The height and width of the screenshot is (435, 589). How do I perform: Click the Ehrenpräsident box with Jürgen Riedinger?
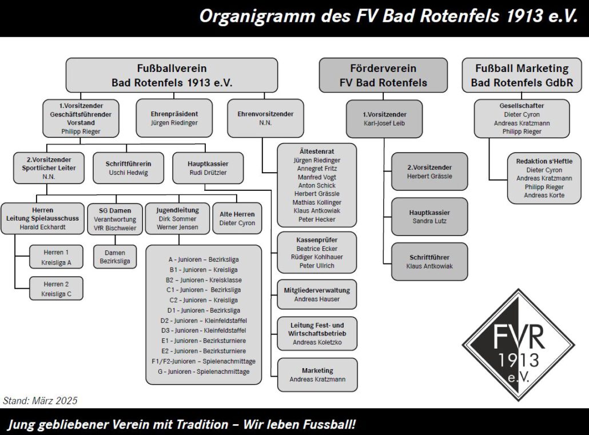tap(174, 118)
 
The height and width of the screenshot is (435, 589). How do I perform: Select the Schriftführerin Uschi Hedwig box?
tap(129, 168)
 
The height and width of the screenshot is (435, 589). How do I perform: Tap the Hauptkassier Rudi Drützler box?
tap(208, 168)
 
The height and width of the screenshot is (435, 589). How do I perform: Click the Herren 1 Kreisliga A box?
tap(57, 257)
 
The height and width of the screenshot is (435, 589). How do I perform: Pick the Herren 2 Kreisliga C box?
tap(57, 289)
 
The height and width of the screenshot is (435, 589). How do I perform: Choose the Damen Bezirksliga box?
tap(115, 257)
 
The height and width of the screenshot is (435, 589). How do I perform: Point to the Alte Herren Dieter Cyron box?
tap(237, 218)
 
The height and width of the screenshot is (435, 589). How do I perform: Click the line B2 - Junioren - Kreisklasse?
tap(204, 280)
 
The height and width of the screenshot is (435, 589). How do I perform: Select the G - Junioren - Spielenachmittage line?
tap(204, 372)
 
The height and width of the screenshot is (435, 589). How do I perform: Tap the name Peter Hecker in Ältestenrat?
tap(317, 220)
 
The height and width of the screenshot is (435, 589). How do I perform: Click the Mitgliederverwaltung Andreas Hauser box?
tap(317, 294)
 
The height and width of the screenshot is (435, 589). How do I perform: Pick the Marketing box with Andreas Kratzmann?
tap(317, 375)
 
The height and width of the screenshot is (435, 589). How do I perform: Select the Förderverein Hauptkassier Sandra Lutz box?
tap(429, 217)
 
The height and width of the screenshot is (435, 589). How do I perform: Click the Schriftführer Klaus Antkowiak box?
tap(429, 262)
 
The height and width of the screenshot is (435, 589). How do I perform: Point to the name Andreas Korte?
tap(544, 195)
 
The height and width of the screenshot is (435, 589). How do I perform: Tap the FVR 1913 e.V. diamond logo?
tap(519, 345)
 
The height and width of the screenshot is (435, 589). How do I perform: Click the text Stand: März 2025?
tap(40, 401)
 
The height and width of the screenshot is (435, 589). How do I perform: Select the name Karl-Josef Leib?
tap(384, 123)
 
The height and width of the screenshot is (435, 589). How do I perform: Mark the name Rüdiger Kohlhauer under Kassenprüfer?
tap(317, 257)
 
